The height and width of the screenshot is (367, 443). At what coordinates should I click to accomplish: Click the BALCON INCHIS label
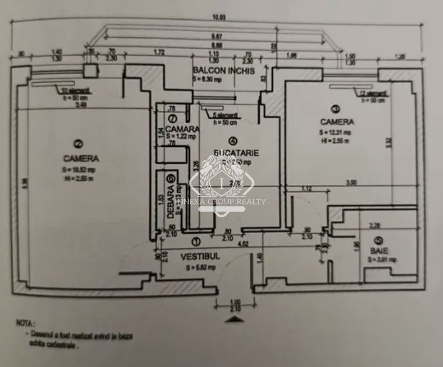pos(223,71)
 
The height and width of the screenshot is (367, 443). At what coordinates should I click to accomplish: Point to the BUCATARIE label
pos(236,152)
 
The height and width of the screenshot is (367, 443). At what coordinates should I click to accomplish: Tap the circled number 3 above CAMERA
pos(335,108)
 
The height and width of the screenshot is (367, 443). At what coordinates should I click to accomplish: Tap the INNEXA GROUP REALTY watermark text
pos(220,201)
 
